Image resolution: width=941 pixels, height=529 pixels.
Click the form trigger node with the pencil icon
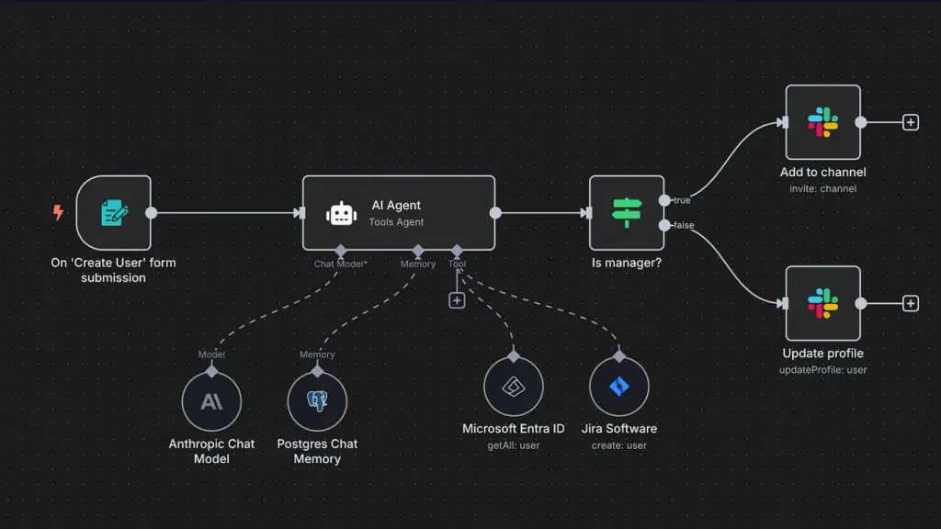click(113, 213)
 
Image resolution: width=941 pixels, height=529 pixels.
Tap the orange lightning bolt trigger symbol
click(58, 212)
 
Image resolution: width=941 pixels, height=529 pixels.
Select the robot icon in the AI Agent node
click(342, 213)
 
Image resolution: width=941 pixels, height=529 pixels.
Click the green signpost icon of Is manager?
click(627, 213)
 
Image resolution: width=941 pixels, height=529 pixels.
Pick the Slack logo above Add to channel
click(822, 122)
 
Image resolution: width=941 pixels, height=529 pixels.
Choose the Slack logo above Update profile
click(822, 303)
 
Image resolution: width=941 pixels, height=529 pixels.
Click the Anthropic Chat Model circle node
click(212, 401)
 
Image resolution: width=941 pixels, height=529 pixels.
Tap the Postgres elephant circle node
click(317, 401)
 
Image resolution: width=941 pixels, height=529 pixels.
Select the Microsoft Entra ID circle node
click(514, 387)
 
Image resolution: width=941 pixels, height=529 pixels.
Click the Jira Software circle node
click(619, 387)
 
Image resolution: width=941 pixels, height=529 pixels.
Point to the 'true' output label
click(682, 200)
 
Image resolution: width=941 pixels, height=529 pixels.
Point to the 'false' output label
click(684, 226)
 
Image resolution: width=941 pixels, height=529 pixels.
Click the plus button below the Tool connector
click(457, 300)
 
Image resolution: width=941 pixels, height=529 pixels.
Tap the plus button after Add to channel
click(911, 122)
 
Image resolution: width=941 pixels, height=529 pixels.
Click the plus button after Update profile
click(911, 303)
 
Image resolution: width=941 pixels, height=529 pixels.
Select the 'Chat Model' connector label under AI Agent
click(339, 264)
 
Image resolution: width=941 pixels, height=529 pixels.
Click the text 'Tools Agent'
click(396, 222)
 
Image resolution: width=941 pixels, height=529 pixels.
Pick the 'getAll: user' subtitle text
click(514, 445)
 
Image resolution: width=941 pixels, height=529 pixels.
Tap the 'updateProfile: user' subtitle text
click(822, 370)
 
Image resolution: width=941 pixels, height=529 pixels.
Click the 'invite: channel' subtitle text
click(822, 189)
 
